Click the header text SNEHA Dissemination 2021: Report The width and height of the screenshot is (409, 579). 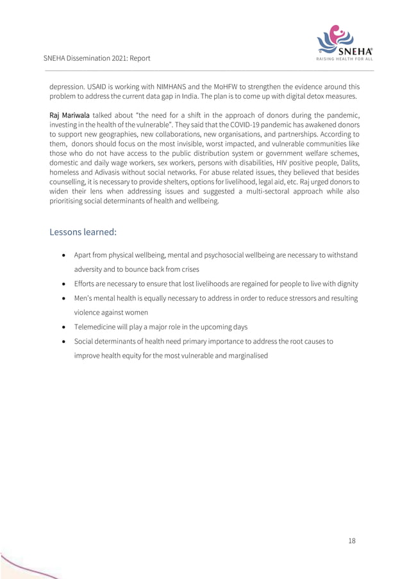(x=97, y=58)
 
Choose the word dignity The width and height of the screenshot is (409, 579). (x=344, y=283)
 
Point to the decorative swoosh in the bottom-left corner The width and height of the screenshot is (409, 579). (x=26, y=567)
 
